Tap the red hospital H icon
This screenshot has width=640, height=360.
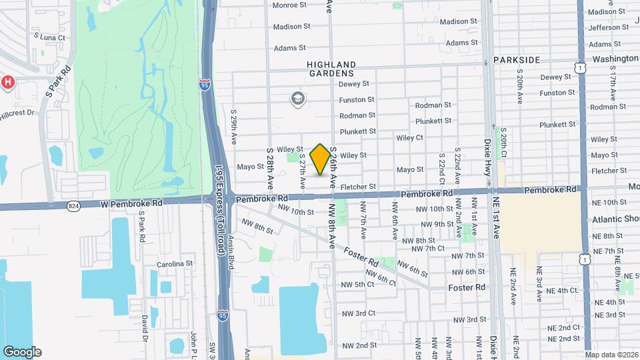coord(7,82)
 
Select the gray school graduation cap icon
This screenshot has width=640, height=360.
coord(297,99)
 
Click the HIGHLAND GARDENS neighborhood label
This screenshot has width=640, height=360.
coord(331,69)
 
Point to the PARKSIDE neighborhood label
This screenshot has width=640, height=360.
coord(517,60)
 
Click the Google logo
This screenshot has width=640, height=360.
coord(22,351)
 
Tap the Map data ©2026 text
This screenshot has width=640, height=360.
coord(611,355)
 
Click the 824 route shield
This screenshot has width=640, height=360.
coord(73,206)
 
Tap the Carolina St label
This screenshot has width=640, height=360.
coord(175,264)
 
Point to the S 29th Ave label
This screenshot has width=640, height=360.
coord(234,127)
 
